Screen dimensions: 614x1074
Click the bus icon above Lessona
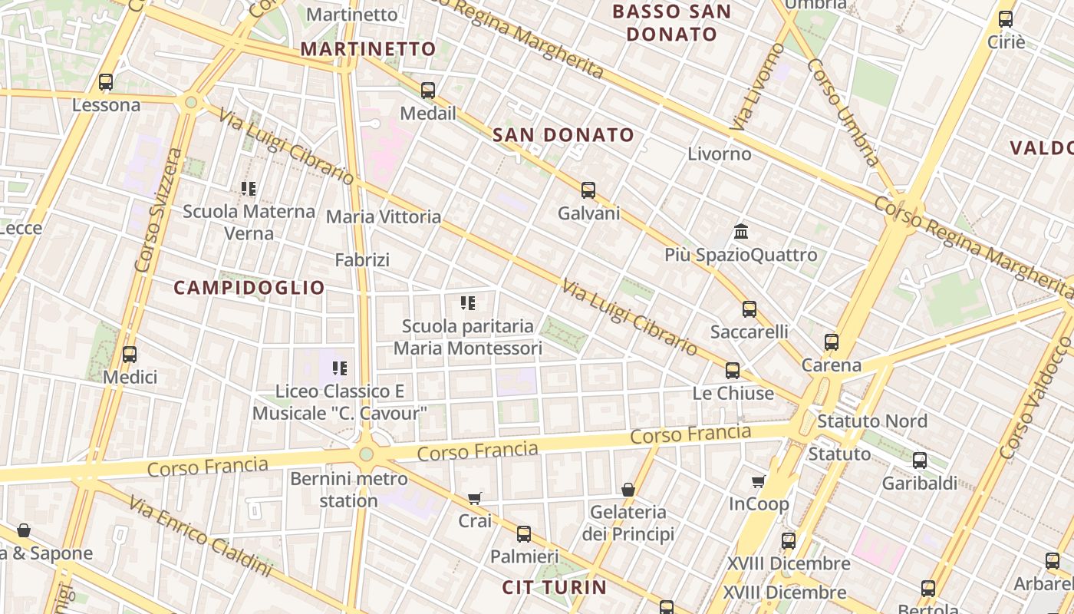[106, 82]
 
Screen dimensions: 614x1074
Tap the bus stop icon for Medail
[428, 91]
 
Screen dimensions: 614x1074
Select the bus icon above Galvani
[588, 190]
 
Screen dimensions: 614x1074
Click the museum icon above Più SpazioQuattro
[741, 231]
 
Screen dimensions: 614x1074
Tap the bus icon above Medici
[130, 355]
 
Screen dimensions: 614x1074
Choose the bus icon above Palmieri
[524, 534]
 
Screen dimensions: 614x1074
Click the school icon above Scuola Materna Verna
[249, 188]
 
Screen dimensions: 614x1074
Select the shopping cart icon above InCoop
[759, 481]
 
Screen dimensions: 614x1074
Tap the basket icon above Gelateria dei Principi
[628, 489]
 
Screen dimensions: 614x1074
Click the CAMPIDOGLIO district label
[249, 288]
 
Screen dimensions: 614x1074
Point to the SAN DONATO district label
[563, 135]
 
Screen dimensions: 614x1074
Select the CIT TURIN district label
[555, 588]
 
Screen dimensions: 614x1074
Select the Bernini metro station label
[349, 490]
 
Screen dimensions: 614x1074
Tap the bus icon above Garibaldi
[920, 460]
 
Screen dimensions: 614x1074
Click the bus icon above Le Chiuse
[733, 371]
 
